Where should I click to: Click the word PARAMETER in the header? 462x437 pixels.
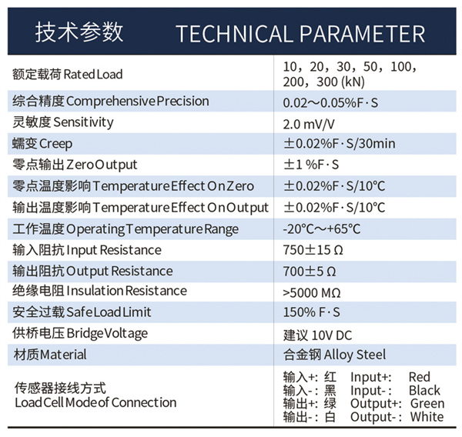pyautogui.click(x=363, y=34)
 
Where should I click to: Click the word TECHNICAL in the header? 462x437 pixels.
pyautogui.click(x=235, y=34)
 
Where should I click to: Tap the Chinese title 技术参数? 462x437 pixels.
pyautogui.click(x=79, y=32)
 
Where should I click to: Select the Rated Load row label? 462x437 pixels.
pyautogui.click(x=67, y=74)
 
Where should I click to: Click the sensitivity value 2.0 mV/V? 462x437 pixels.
pyautogui.click(x=309, y=125)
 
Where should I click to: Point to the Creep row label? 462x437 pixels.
pyautogui.click(x=42, y=144)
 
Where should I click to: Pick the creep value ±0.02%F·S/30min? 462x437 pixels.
pyautogui.click(x=339, y=144)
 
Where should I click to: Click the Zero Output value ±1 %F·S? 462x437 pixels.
pyautogui.click(x=311, y=165)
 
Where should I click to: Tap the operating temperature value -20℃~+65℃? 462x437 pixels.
pyautogui.click(x=321, y=229)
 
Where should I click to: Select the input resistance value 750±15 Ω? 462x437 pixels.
pyautogui.click(x=313, y=250)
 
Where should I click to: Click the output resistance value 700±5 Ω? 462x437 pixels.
pyautogui.click(x=310, y=272)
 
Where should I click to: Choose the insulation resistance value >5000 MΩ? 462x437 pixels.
pyautogui.click(x=312, y=292)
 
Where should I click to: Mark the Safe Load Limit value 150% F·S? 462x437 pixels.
pyautogui.click(x=311, y=312)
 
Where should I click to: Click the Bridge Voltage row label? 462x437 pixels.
pyautogui.click(x=80, y=334)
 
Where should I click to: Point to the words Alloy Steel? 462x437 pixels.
pyautogui.click(x=355, y=355)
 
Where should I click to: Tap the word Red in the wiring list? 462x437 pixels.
pyautogui.click(x=420, y=377)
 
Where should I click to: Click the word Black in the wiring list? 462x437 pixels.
pyautogui.click(x=424, y=391)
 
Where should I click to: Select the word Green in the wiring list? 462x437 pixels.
pyautogui.click(x=427, y=404)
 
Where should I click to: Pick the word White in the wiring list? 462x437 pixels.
pyautogui.click(x=427, y=417)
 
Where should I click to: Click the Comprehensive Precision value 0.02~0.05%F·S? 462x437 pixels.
pyautogui.click(x=330, y=103)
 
